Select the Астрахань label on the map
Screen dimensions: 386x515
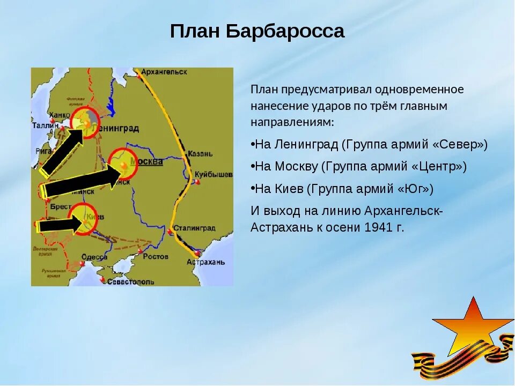206,262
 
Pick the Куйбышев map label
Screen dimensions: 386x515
214,175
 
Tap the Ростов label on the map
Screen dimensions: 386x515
156,256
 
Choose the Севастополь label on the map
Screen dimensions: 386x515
130,281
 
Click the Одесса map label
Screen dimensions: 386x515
95,257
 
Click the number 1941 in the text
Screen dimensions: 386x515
379,227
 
